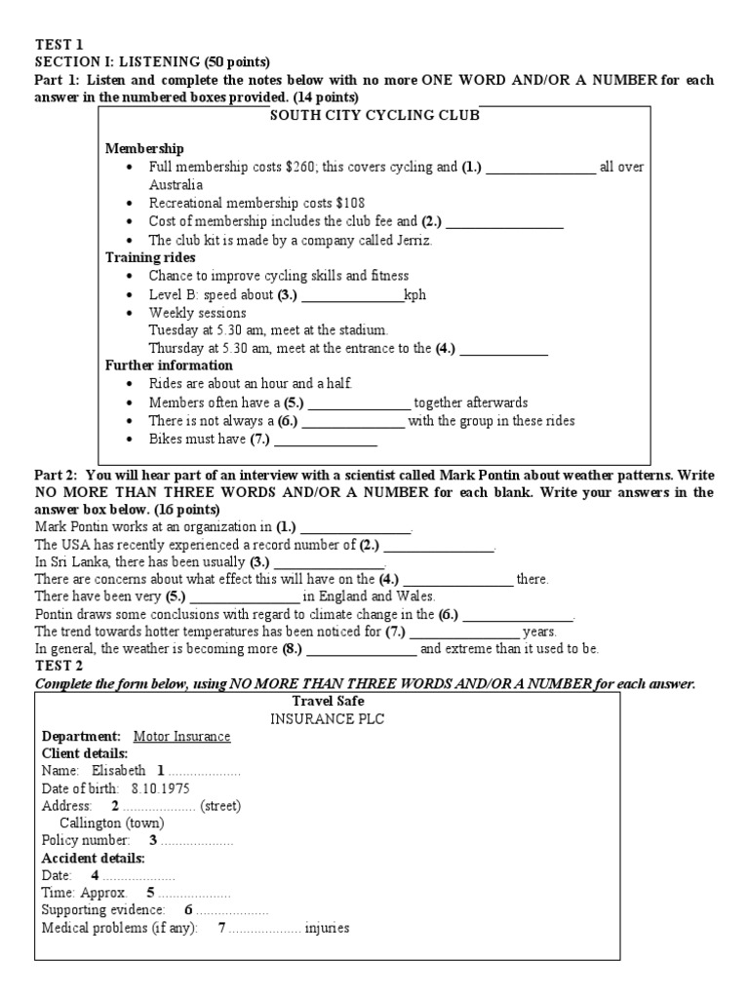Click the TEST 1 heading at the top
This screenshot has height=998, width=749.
point(59,44)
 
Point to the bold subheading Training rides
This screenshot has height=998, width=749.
point(150,258)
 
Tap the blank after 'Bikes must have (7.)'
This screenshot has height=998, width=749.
point(325,440)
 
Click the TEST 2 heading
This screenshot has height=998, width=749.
point(59,666)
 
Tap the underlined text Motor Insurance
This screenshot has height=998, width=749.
point(181,736)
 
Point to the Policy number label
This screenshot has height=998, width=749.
point(86,840)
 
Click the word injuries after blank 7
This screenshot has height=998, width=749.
point(327,928)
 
